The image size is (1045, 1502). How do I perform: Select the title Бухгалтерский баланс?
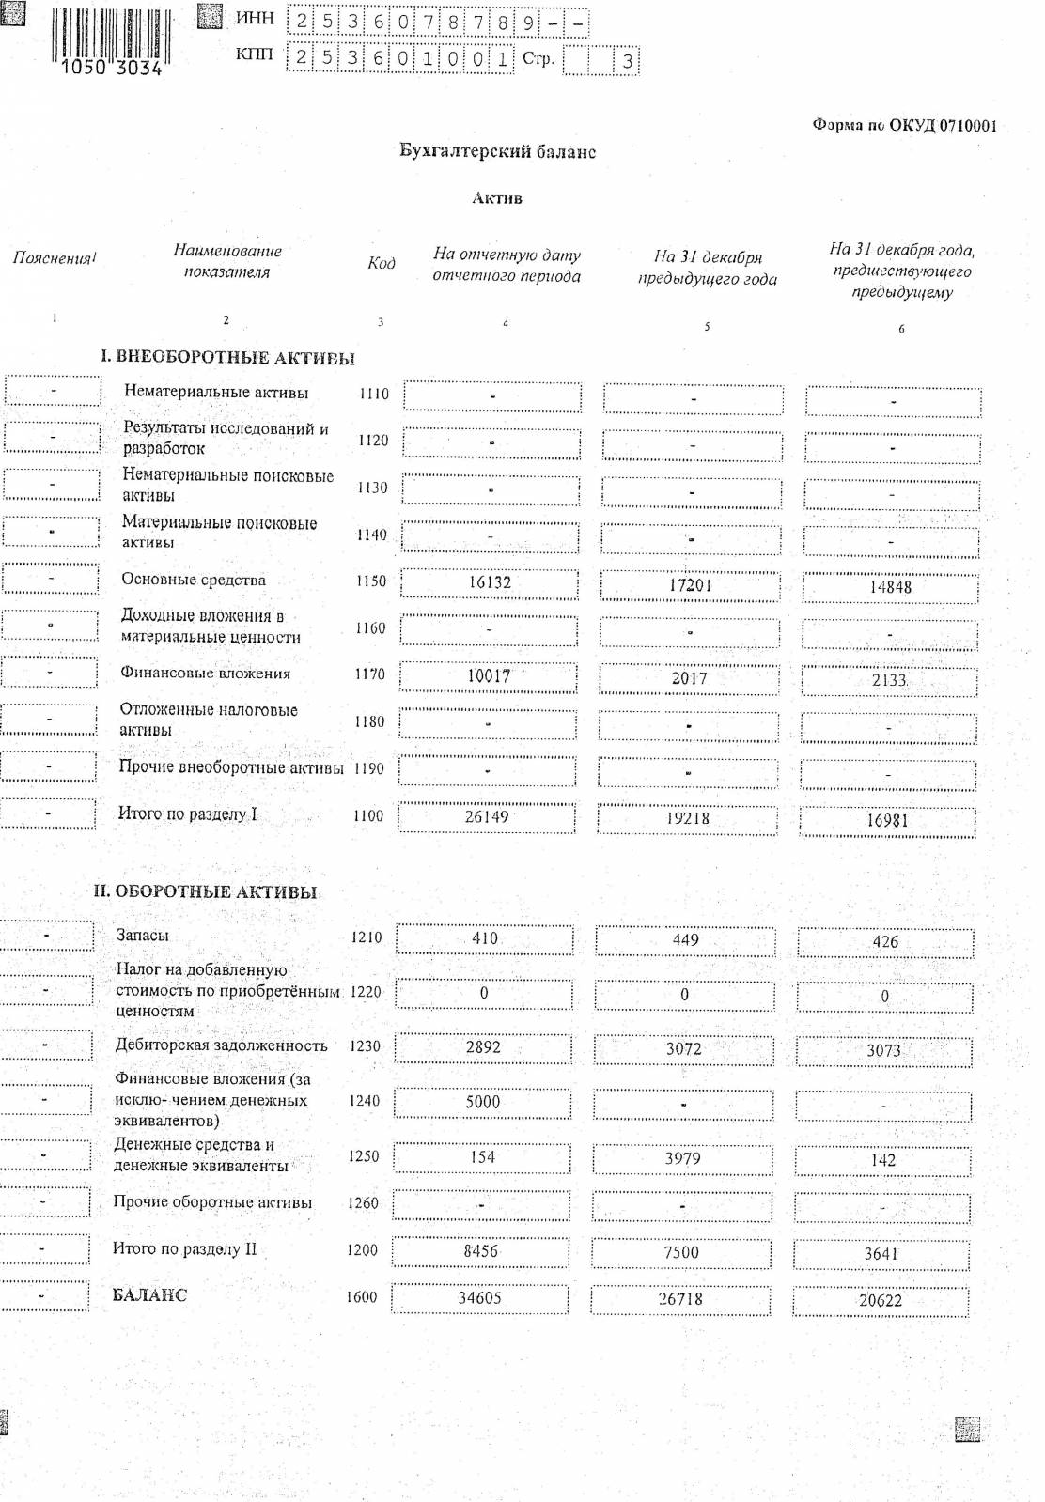click(x=497, y=151)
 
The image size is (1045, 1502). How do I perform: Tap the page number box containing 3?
click(x=627, y=61)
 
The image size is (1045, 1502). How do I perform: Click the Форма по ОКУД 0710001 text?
click(x=904, y=126)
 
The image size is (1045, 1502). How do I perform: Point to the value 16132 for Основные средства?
click(x=490, y=582)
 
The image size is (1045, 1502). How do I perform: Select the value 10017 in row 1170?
click(x=489, y=675)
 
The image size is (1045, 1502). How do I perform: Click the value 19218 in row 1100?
click(x=688, y=818)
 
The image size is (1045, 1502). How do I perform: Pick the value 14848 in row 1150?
click(x=889, y=587)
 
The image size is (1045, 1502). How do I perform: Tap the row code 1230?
click(x=365, y=1045)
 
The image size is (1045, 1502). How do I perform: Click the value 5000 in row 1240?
click(x=483, y=1102)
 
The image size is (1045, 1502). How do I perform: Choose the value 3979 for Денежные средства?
click(x=682, y=1158)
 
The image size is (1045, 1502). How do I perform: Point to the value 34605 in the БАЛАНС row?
click(x=479, y=1298)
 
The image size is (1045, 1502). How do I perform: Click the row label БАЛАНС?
click(x=149, y=1295)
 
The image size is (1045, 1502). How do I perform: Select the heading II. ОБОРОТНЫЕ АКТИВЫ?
click(x=205, y=892)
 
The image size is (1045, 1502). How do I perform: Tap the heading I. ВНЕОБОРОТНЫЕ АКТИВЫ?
click(x=227, y=358)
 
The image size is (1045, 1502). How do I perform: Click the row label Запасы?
click(x=143, y=936)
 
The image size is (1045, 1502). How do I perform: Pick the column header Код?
click(x=381, y=263)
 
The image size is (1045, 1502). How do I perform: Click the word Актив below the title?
click(x=497, y=198)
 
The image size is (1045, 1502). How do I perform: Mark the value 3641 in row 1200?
click(x=881, y=1254)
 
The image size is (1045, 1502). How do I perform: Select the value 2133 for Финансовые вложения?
click(x=888, y=680)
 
